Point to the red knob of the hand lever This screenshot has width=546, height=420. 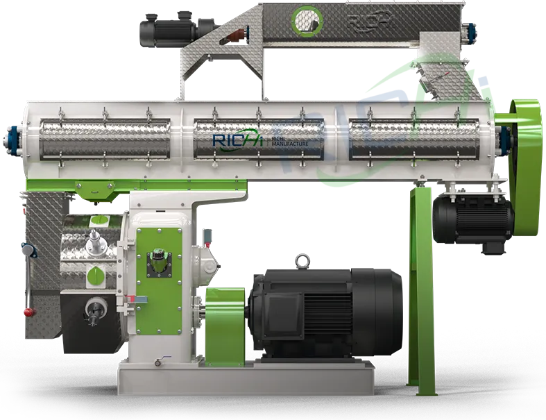click(27, 310)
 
